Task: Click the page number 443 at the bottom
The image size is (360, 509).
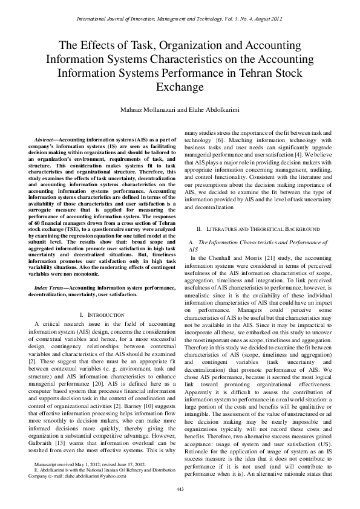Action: click(180, 488)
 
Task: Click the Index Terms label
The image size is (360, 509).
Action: click(50, 288)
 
